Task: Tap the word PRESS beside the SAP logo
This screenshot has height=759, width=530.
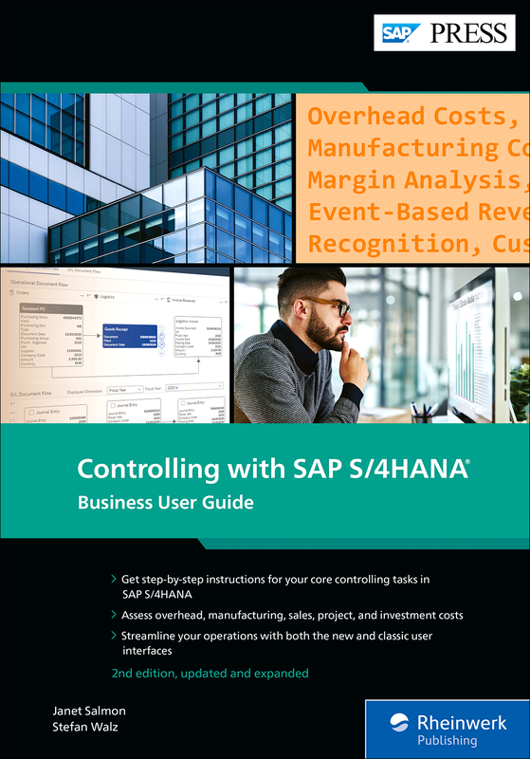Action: pyautogui.click(x=468, y=33)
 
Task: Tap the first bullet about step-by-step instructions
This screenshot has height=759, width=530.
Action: pyautogui.click(x=278, y=584)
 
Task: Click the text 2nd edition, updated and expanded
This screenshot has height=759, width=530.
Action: pyautogui.click(x=209, y=673)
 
